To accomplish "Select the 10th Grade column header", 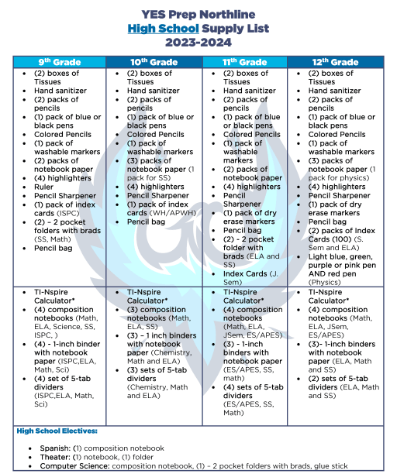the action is click(x=152, y=62).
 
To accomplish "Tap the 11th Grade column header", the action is click(x=243, y=62).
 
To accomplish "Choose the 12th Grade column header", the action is click(x=334, y=62).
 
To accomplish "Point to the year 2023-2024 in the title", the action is click(x=198, y=43).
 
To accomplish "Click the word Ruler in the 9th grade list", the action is click(x=45, y=186).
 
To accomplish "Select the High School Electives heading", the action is click(x=56, y=431).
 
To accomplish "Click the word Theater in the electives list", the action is click(x=55, y=457).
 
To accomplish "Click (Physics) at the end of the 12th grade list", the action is click(x=326, y=282).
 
